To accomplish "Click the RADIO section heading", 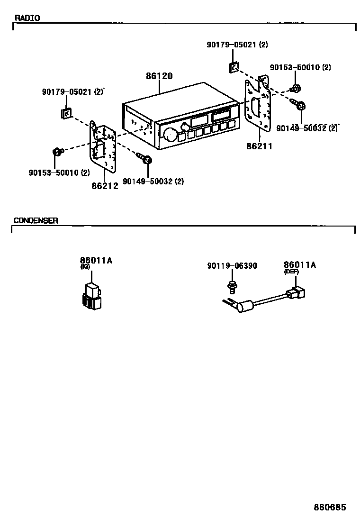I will coord(27,18).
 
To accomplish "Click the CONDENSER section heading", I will coord(36,220).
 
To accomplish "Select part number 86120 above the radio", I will coord(159,76).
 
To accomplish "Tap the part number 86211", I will coord(259,146).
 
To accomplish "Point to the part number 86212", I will coord(105,185).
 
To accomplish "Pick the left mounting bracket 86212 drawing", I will coord(103,147).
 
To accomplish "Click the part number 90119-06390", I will coord(232,266).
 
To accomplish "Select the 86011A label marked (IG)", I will coord(96,260).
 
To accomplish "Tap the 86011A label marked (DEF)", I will coord(299,265).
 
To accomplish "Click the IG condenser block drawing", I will coord(92,296).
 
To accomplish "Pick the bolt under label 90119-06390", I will coord(232,286).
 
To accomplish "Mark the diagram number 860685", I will coord(330,507).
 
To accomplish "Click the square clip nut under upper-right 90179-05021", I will coord(233,68).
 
